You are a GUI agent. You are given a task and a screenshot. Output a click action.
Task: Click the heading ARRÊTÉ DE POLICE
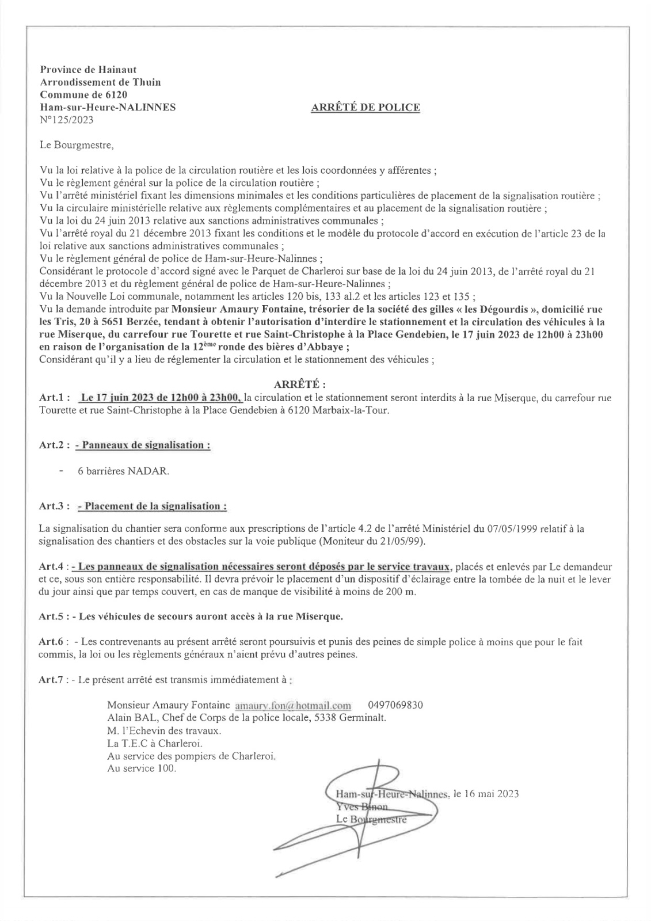tap(365, 107)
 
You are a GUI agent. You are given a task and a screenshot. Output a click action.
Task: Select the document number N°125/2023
tap(66, 120)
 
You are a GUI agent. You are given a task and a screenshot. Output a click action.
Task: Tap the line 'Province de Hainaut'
tap(87, 70)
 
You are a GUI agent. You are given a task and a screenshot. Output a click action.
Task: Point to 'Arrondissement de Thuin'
tap(100, 82)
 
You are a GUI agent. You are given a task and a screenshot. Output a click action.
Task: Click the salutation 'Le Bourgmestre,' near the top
tap(77, 144)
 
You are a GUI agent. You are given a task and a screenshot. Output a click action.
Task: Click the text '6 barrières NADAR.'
tap(124, 471)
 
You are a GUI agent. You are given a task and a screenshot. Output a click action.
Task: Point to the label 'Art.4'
tap(51, 567)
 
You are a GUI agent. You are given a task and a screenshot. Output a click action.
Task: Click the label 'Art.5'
tap(51, 616)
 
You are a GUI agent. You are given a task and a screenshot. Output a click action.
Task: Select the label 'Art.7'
tap(51, 680)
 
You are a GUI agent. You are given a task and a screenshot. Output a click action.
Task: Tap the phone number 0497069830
tap(395, 705)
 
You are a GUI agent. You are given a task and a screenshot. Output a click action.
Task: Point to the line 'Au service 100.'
tap(142, 768)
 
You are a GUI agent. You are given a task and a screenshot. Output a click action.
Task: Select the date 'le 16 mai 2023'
tap(486, 794)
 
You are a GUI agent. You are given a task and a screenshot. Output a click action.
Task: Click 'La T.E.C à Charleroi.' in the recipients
tap(151, 743)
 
